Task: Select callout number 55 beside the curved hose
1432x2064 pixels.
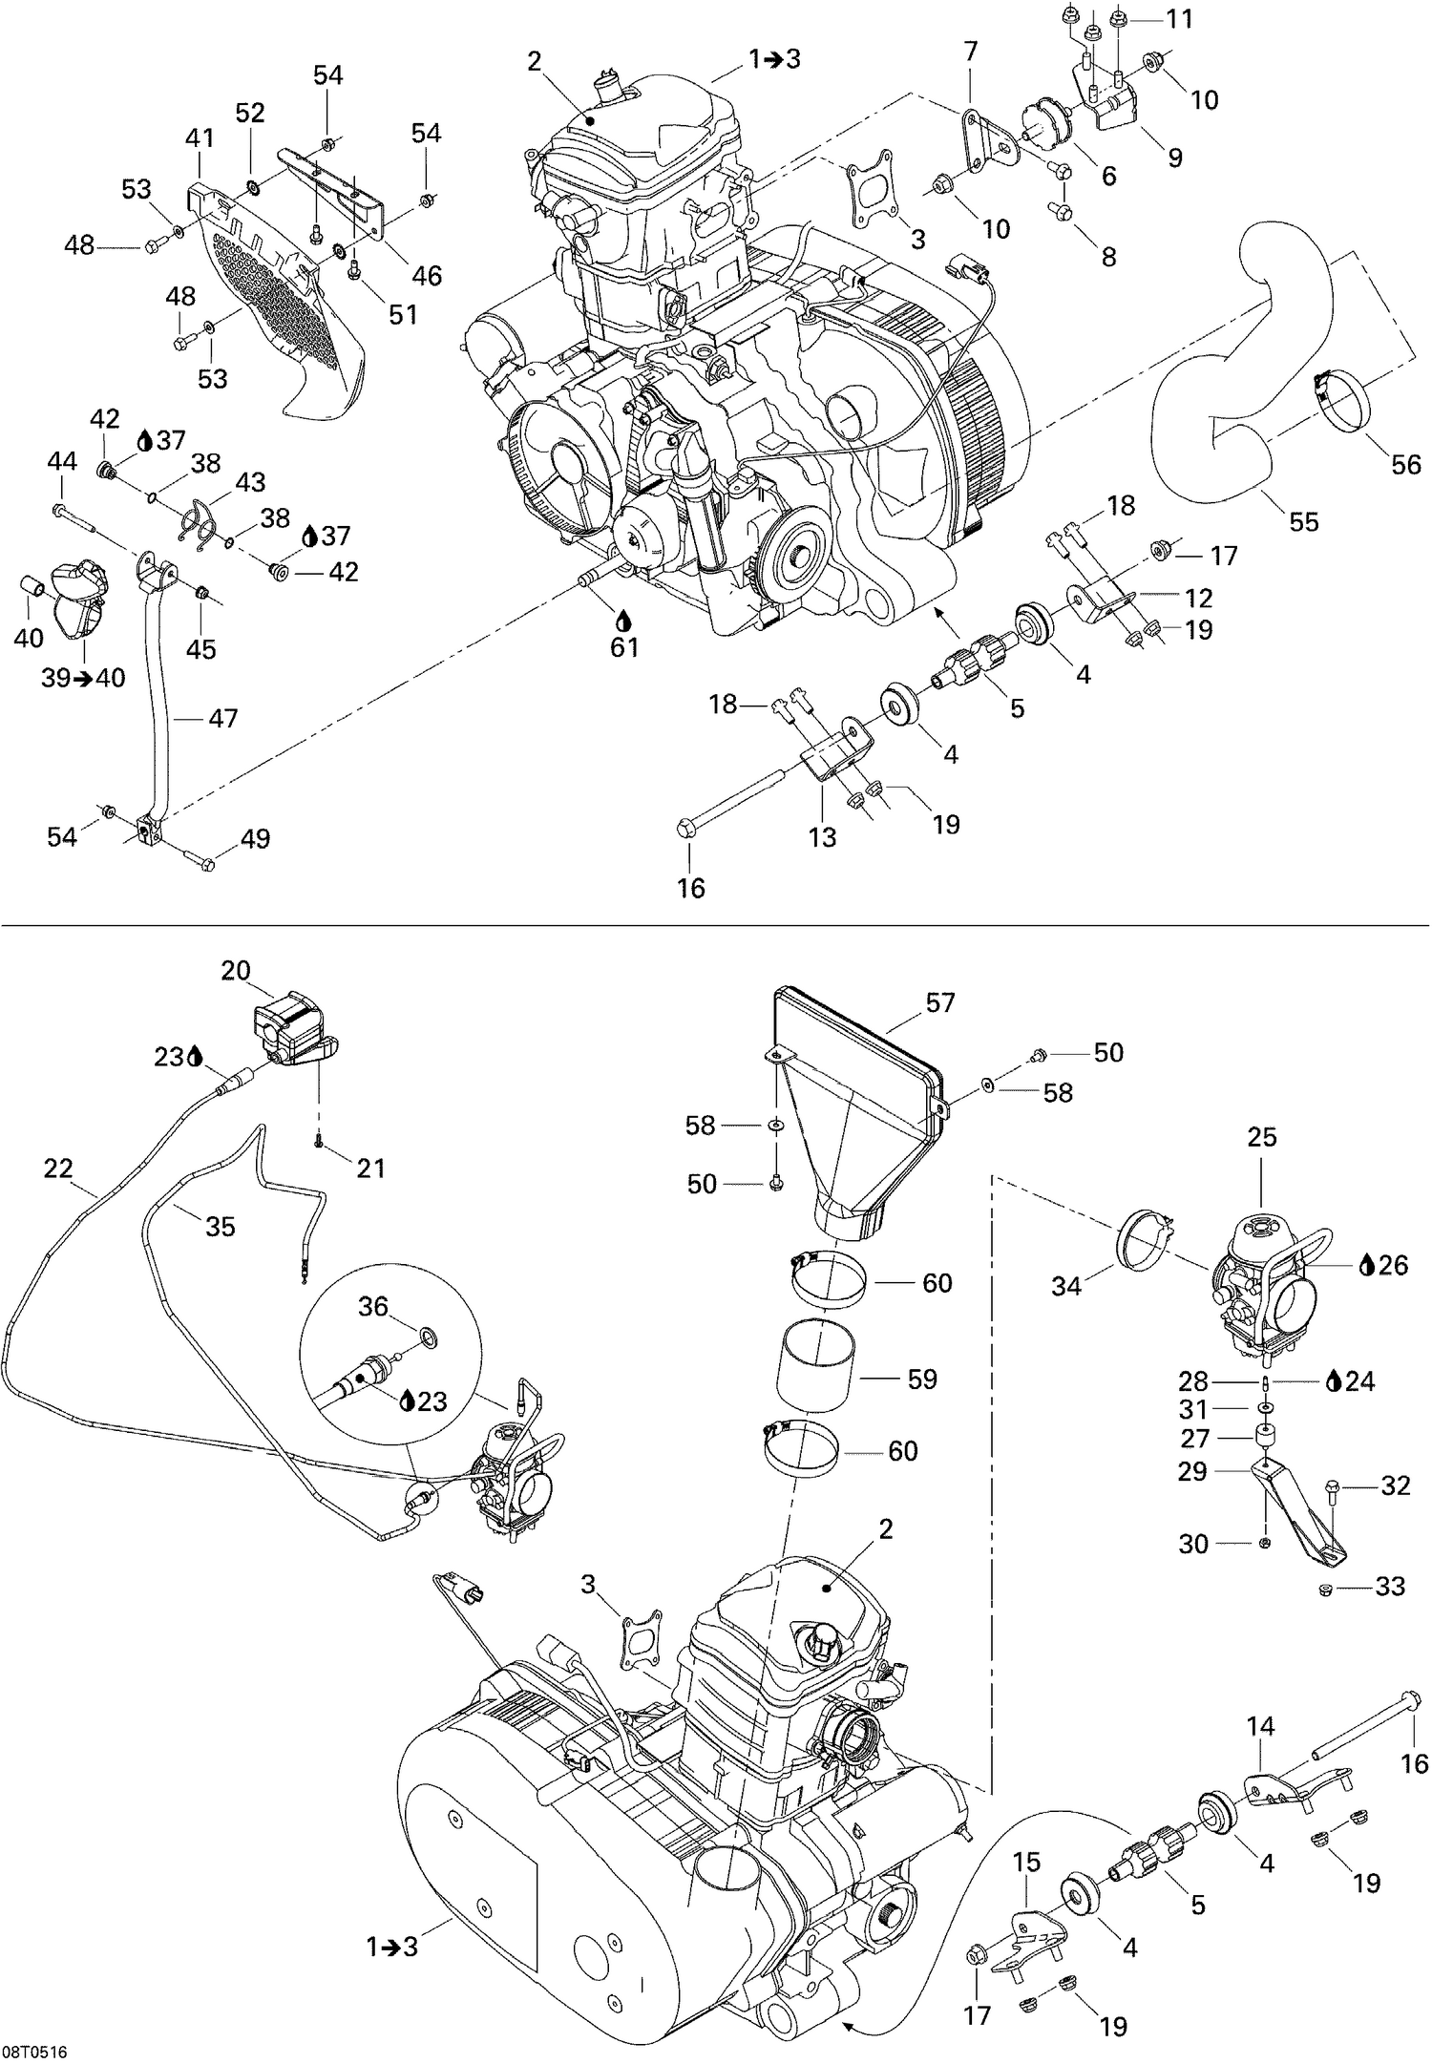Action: [1304, 521]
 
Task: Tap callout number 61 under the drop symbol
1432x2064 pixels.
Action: [624, 648]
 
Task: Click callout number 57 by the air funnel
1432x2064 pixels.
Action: [939, 1002]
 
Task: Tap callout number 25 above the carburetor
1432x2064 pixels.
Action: [1261, 1138]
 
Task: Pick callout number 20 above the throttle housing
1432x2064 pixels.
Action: [236, 971]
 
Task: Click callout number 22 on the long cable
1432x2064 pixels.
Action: [58, 1169]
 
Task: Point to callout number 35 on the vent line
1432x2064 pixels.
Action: [220, 1227]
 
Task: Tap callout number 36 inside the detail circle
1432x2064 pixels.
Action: [373, 1306]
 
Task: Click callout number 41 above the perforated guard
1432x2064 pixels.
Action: [200, 138]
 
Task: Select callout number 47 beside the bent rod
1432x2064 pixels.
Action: [222, 718]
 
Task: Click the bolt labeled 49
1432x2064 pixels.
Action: [200, 861]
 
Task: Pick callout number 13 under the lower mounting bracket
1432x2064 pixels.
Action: [822, 837]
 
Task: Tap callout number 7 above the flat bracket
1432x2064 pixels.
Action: [970, 53]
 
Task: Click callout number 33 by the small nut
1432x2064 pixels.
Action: [1390, 1586]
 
